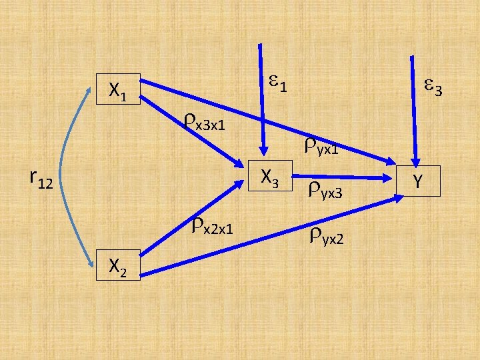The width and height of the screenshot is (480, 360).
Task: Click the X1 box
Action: coord(118,89)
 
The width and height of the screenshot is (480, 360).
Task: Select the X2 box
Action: coord(118,265)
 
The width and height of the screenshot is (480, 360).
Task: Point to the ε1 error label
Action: coord(279,83)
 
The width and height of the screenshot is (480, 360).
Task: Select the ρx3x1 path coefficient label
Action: coord(204,121)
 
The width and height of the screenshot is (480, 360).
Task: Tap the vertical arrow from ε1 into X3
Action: coord(263,100)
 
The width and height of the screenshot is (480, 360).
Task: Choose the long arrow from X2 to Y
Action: coord(267,235)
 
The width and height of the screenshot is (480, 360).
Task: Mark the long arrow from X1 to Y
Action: coord(267,120)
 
